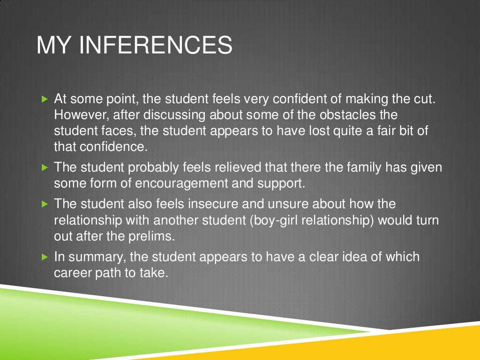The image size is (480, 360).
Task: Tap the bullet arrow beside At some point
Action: pyautogui.click(x=45, y=99)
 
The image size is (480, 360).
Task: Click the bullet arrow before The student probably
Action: pyautogui.click(x=45, y=167)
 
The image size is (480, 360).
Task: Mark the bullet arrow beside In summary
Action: pyautogui.click(x=45, y=257)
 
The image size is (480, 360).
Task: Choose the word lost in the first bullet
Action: pyautogui.click(x=329, y=131)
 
